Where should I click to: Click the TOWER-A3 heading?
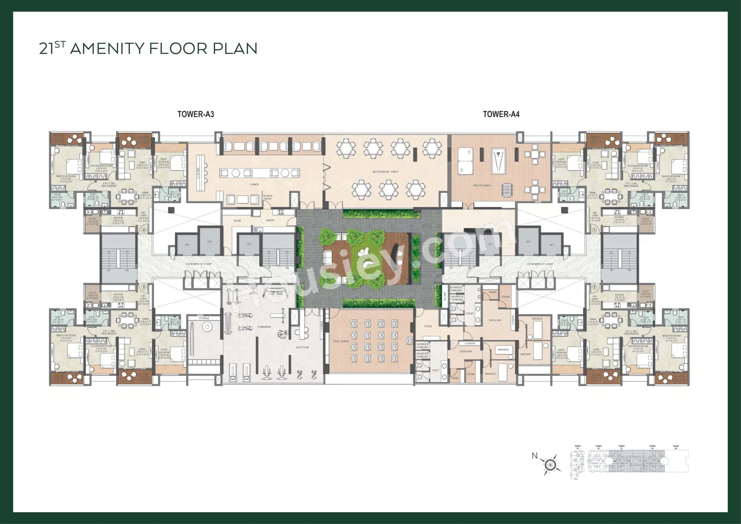[195, 114]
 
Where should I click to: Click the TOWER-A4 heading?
[501, 114]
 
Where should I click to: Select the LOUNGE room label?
[254, 185]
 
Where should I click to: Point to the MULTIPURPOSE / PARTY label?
[385, 172]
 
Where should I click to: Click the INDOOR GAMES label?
[482, 186]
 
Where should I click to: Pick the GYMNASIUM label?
[264, 327]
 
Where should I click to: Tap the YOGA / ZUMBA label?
[341, 341]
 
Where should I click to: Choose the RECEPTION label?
[303, 348]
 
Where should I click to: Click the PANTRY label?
[270, 220]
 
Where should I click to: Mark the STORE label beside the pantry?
[237, 221]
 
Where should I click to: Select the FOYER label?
[428, 327]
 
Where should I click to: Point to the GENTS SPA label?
[495, 320]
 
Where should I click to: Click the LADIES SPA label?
[465, 351]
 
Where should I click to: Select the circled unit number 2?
[594, 286]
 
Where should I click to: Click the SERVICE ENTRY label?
[268, 197]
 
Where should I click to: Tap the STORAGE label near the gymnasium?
[204, 318]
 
